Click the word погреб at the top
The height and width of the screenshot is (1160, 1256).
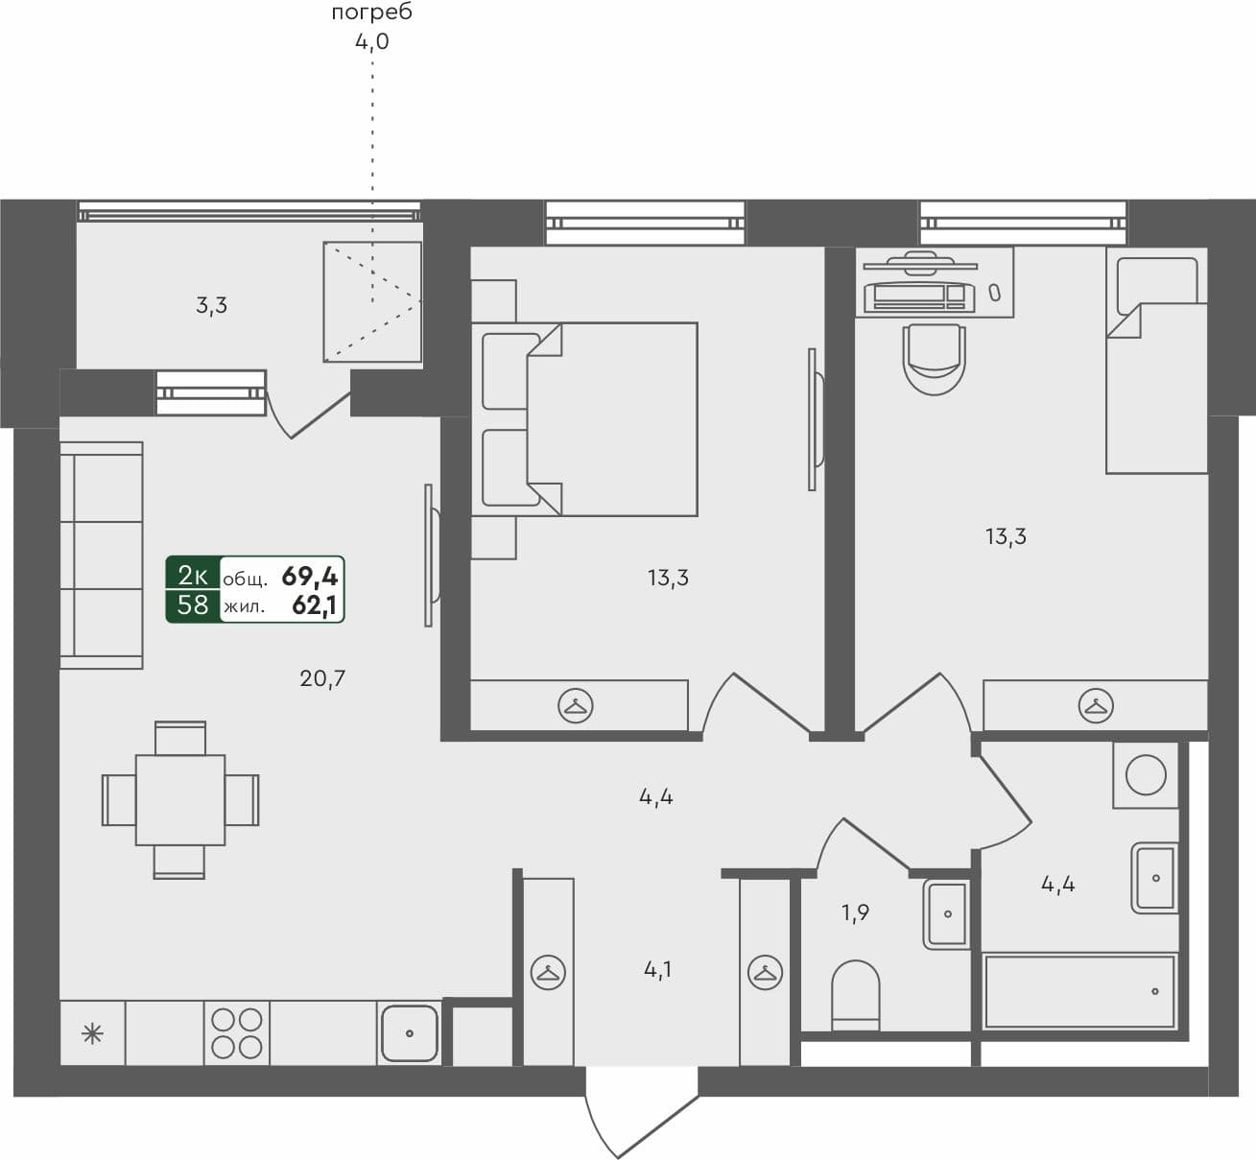click(x=371, y=13)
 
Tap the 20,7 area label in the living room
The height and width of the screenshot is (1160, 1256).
click(x=322, y=679)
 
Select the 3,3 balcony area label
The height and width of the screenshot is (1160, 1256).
click(x=211, y=306)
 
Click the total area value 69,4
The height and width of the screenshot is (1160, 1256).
click(x=309, y=577)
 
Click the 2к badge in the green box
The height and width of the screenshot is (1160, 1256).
click(x=193, y=576)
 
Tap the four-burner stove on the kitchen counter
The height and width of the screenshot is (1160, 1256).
click(x=237, y=1032)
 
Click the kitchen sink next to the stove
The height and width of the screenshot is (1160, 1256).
click(x=409, y=1032)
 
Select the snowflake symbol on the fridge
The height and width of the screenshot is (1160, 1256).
click(x=92, y=1033)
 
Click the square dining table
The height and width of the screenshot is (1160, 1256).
click(x=180, y=800)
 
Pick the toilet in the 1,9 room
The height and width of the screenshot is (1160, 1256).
click(x=855, y=994)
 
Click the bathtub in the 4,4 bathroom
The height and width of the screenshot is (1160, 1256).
click(x=1079, y=991)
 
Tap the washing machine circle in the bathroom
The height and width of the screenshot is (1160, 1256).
click(x=1145, y=774)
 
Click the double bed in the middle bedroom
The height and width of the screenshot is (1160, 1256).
click(x=585, y=418)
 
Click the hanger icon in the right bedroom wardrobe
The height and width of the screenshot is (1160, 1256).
click(x=1095, y=706)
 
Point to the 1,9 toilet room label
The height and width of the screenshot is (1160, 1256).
click(x=856, y=912)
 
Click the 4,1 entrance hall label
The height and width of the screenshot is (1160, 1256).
click(x=657, y=970)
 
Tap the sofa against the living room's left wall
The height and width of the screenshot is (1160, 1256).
click(x=102, y=555)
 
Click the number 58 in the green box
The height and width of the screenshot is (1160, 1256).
click(x=193, y=605)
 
